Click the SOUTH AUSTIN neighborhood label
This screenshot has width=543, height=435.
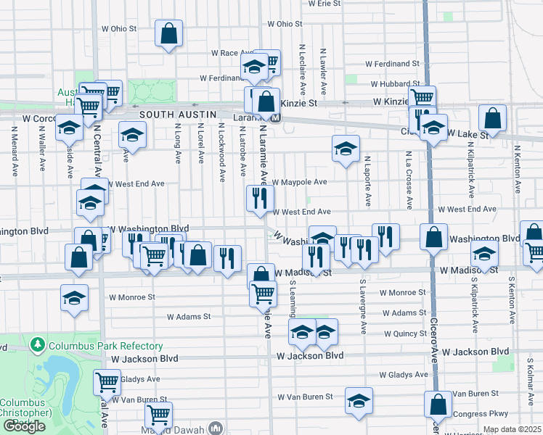(x=178, y=115)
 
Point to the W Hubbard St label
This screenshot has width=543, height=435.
(x=394, y=84)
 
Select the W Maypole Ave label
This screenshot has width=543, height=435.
(x=300, y=181)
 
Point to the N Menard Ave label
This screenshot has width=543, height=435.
(x=14, y=152)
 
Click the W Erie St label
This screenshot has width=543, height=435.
(x=324, y=4)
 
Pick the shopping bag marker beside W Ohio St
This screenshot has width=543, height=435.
(x=168, y=33)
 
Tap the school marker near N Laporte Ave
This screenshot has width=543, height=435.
(x=346, y=149)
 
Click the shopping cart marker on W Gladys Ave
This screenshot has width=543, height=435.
(x=107, y=381)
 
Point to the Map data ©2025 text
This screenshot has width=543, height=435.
(x=512, y=430)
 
